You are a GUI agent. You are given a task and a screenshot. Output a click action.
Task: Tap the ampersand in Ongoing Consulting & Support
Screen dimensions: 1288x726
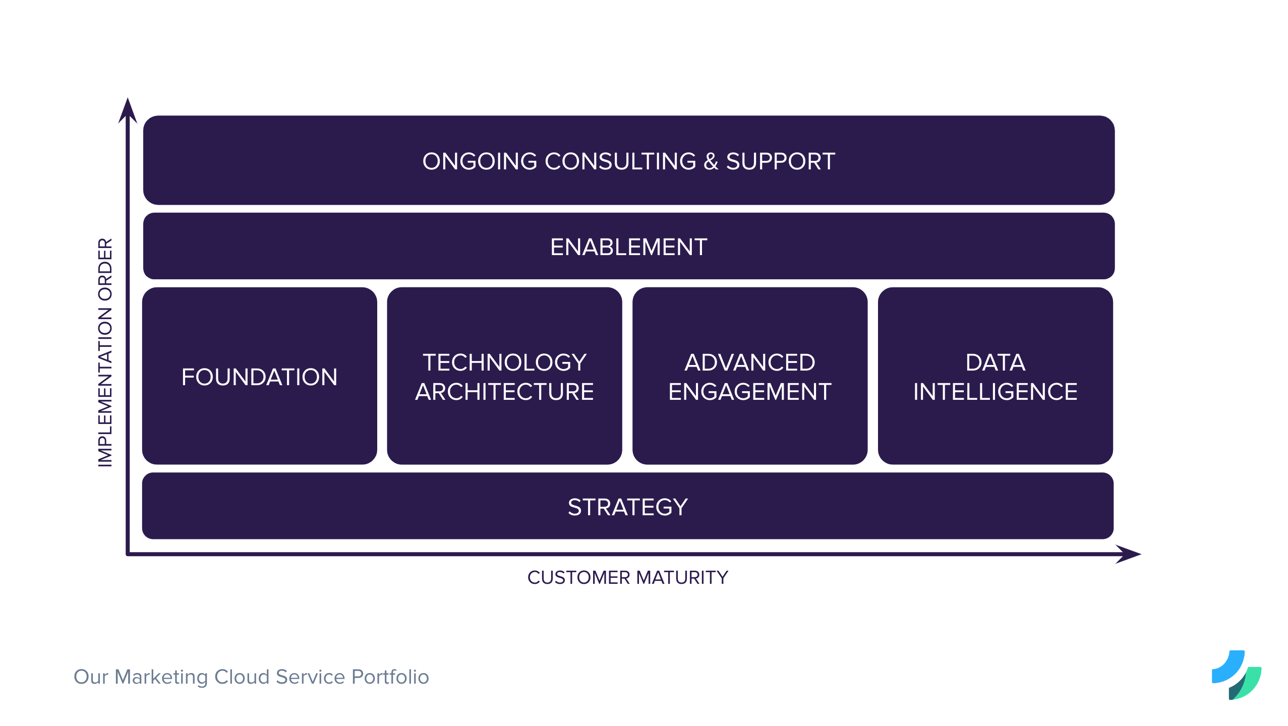[711, 161]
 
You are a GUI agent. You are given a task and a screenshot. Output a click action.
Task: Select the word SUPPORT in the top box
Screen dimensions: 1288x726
[780, 161]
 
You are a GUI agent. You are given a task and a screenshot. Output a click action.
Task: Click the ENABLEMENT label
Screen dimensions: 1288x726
[628, 247]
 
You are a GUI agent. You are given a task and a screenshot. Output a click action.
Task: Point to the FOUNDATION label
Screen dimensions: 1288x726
[259, 377]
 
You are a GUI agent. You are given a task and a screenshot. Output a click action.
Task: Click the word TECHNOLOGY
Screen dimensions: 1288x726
[504, 362]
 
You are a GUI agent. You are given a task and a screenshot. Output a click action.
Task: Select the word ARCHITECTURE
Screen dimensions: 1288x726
[504, 392]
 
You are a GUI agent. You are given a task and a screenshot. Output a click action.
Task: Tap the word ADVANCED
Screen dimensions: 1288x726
[749, 362]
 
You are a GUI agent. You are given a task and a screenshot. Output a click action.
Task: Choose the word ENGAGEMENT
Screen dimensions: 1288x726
[749, 392]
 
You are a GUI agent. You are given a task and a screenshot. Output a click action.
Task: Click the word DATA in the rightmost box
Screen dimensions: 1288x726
[995, 362]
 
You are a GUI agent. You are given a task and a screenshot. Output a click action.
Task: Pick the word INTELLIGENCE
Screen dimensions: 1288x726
[995, 392]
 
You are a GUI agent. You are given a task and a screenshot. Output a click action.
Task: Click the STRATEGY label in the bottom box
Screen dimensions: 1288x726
[627, 507]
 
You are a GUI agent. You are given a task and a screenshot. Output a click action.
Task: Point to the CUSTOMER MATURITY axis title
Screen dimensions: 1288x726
[627, 577]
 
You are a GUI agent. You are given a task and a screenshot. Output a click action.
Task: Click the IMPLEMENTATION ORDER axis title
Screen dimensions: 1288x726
[105, 352]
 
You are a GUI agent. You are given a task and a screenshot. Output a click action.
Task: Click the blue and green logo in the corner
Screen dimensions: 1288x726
[1237, 675]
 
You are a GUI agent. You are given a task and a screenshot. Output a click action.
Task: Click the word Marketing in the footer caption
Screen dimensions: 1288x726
[161, 677]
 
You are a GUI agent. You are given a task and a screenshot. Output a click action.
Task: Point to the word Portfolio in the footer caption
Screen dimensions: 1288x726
[390, 677]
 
